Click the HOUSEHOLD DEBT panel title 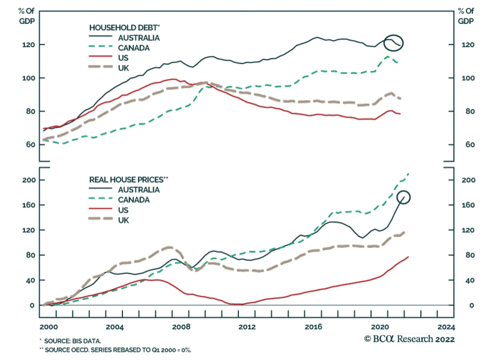(x=124, y=28)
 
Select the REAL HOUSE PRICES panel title (x=128, y=180)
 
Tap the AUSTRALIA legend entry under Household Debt (x=139, y=38)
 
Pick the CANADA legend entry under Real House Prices (x=134, y=200)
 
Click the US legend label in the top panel (x=123, y=58)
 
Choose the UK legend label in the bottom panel (x=124, y=220)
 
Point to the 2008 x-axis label (x=181, y=327)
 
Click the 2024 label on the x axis (x=446, y=327)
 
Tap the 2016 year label (x=313, y=327)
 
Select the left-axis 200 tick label (x=29, y=180)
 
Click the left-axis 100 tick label (x=28, y=78)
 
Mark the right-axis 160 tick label (x=468, y=205)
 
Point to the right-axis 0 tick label (x=471, y=306)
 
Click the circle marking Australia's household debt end (x=393, y=43)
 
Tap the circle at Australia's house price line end (x=404, y=197)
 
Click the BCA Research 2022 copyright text (x=409, y=339)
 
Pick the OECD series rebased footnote (x=115, y=350)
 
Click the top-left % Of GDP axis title (x=27, y=16)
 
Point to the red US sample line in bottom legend (x=100, y=209)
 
